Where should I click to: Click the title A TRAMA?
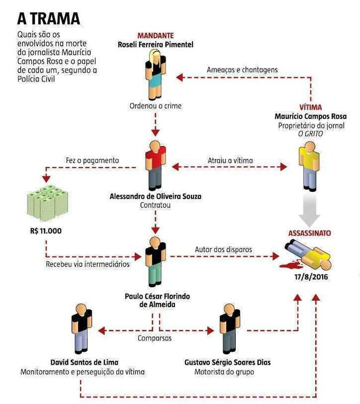49,19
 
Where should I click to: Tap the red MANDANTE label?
156,36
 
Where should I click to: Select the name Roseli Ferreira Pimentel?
156,45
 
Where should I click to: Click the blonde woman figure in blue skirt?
156,75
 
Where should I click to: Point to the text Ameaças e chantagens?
242,70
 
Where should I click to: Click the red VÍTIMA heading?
310,107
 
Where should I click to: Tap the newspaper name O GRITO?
310,134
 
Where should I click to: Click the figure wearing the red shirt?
156,165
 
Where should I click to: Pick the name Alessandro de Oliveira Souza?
156,196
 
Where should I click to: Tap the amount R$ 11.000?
46,231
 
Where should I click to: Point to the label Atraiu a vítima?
230,160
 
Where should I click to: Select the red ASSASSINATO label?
309,233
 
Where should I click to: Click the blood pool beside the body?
290,264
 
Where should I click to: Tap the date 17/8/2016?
311,277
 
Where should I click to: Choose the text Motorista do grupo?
224,372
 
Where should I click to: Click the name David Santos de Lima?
84,362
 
